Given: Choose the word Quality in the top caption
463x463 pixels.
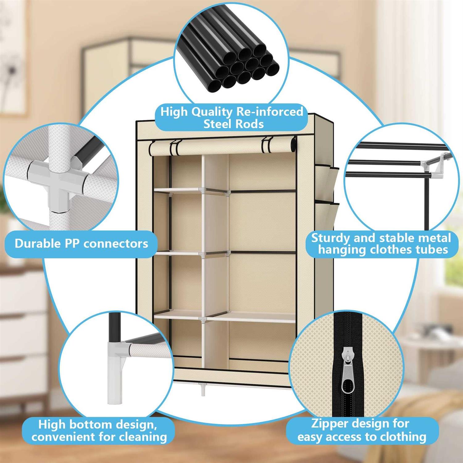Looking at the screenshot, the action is (212, 112).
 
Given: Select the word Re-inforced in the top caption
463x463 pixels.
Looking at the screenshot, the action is (269, 111).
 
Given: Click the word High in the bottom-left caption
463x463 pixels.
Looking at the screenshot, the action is (52, 425).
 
